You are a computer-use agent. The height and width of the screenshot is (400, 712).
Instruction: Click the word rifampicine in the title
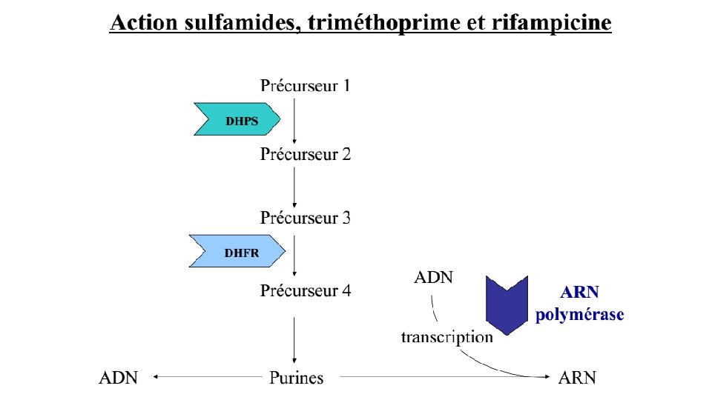(x=551, y=23)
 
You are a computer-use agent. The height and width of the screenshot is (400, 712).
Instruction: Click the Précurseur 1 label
(x=305, y=86)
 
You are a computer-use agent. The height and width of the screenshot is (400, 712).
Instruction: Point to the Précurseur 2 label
(x=305, y=155)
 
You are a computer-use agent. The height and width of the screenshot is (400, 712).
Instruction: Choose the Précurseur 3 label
(x=305, y=219)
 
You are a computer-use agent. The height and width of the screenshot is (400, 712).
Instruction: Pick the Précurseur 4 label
(x=305, y=290)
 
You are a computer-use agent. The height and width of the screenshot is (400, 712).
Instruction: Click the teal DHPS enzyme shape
(x=237, y=119)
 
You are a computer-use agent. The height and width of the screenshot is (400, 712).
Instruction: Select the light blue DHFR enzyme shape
(x=237, y=251)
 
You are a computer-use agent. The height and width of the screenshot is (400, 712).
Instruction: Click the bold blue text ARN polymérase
(x=579, y=303)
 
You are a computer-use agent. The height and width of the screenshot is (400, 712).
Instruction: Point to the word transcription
(x=446, y=337)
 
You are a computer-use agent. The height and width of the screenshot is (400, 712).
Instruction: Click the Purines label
(x=296, y=378)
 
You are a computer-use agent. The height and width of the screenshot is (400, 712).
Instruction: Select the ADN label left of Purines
(x=119, y=378)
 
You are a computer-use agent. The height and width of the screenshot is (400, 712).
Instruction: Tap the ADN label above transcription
(x=433, y=279)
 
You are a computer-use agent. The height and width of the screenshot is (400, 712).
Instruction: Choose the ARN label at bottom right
(x=576, y=378)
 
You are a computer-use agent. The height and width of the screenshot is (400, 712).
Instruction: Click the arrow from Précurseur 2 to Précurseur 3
(x=295, y=187)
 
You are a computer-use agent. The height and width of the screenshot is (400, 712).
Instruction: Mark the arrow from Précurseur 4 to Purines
(x=295, y=340)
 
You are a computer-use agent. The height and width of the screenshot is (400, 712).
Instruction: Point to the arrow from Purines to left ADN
(x=208, y=378)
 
